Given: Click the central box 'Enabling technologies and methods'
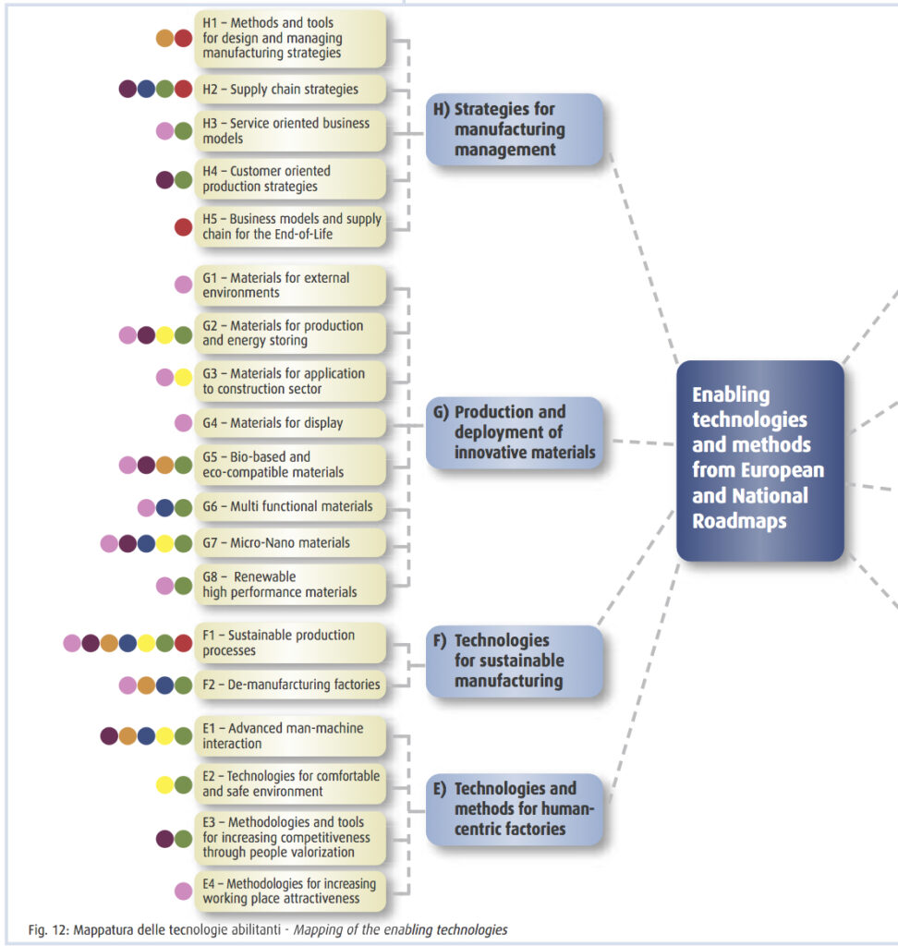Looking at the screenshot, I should coord(759,459).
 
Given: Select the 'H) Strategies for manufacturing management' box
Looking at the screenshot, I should coord(515,129).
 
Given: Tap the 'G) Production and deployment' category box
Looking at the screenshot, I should coord(515,432).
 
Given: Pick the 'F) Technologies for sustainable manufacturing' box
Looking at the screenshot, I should coord(515,661).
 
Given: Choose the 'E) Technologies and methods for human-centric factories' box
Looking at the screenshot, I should coord(515,808).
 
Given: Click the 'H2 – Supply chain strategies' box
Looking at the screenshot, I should coord(290,90).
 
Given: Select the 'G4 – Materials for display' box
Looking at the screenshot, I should coord(290,423).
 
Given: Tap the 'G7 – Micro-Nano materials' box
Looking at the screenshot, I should coord(290,542).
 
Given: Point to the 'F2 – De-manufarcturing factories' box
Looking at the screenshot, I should coord(290,685).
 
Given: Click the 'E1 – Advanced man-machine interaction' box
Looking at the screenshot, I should coord(290,735).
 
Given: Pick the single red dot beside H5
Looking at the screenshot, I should coord(184,227).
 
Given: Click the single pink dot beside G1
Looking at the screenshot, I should coord(184,285).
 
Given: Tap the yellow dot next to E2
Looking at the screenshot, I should coord(165,784).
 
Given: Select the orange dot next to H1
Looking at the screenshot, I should coord(165,38).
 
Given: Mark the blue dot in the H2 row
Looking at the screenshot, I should coord(147,90).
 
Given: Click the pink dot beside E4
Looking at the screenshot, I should coord(184,891).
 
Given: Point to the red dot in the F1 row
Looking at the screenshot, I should coord(184,643).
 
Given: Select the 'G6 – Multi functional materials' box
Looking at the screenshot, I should coord(290,506).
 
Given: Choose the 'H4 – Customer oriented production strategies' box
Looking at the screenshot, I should coord(290,178).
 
